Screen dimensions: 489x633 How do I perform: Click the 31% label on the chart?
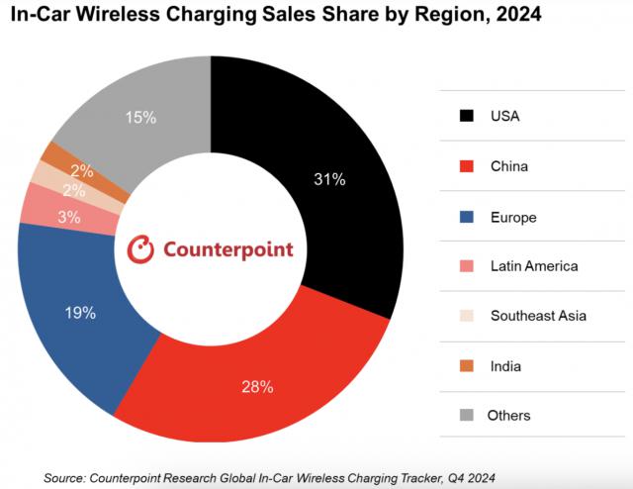tap(330, 179)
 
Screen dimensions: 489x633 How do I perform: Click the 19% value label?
tap(81, 314)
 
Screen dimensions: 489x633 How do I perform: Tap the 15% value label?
tap(141, 118)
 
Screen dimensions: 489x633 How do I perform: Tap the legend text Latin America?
tap(534, 265)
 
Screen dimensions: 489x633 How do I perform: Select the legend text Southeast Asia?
tap(538, 316)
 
